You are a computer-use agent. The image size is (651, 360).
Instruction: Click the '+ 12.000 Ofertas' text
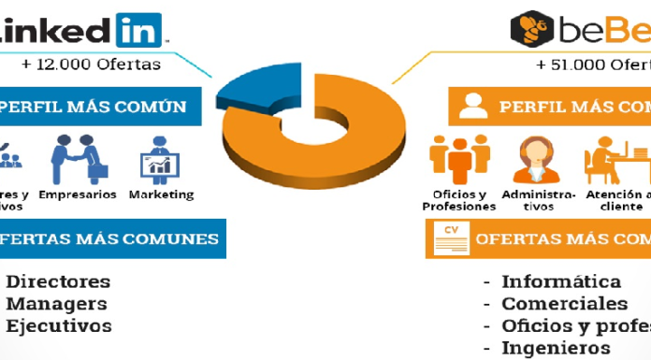(91, 65)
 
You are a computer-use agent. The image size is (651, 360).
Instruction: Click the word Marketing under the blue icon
(161, 195)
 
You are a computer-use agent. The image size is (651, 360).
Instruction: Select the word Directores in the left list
(59, 281)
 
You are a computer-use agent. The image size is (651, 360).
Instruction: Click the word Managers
(57, 304)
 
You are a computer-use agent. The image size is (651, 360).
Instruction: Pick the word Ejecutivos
(59, 326)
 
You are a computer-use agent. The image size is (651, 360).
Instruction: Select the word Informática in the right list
(561, 281)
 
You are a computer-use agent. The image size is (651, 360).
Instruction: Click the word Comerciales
(565, 304)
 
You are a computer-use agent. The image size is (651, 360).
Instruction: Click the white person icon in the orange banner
(473, 107)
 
